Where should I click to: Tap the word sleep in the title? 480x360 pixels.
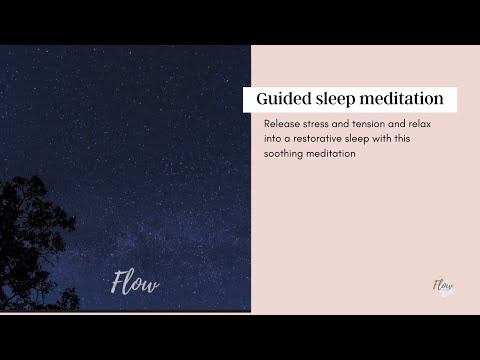click(x=339, y=99)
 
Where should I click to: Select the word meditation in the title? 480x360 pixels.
click(x=404, y=99)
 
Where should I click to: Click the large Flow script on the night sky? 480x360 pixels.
click(x=134, y=284)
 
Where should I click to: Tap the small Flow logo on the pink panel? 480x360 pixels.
click(x=442, y=287)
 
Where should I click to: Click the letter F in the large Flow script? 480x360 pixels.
click(x=117, y=283)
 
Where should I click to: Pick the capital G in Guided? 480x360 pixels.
click(x=263, y=99)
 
